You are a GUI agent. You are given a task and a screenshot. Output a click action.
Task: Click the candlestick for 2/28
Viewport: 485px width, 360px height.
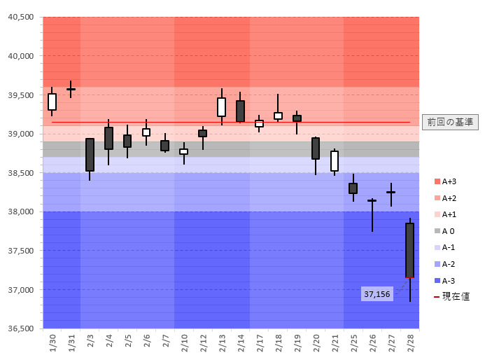pyautogui.click(x=409, y=250)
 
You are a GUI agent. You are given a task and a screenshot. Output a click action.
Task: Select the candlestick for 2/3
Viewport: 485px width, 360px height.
pyautogui.click(x=90, y=155)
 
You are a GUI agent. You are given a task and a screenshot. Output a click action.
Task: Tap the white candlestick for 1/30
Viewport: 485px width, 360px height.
pyautogui.click(x=52, y=102)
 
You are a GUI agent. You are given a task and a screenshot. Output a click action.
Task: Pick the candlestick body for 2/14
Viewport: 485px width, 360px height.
pyautogui.click(x=240, y=111)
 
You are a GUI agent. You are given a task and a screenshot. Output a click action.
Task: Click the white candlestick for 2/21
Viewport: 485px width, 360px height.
pyautogui.click(x=335, y=161)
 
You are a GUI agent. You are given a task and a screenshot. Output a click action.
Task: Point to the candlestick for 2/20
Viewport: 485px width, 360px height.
pyautogui.click(x=316, y=148)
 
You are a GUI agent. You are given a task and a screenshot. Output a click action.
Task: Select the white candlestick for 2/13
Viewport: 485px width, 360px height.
pyautogui.click(x=221, y=106)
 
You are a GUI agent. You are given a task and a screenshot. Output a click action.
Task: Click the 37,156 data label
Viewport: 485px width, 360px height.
pyautogui.click(x=377, y=294)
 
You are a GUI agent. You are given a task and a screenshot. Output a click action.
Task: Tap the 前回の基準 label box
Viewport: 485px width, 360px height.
pyautogui.click(x=451, y=122)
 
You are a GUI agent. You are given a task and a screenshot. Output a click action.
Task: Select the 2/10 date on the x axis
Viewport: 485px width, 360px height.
pyautogui.click(x=184, y=342)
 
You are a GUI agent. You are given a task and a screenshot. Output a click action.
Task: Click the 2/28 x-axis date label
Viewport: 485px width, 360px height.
pyautogui.click(x=410, y=342)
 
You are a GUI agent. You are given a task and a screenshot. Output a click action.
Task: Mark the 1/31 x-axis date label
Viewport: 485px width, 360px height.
pyautogui.click(x=71, y=342)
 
